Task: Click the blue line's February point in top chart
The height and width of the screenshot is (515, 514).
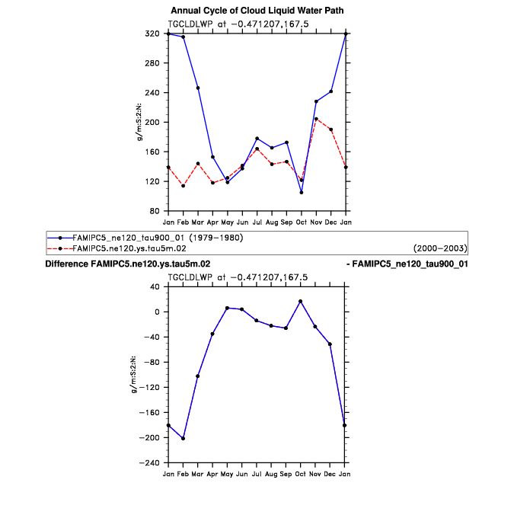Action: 183,37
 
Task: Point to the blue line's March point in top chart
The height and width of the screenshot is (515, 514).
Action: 198,88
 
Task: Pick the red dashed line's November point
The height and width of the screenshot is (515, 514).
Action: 316,119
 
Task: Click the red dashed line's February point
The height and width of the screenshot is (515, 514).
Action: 183,186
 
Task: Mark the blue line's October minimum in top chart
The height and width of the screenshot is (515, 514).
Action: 302,193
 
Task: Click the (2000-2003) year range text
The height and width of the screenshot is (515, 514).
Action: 439,248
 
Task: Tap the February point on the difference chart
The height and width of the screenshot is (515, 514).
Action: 183,438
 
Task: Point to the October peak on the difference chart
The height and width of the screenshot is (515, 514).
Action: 302,301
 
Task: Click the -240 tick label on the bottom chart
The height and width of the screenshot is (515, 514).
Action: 152,463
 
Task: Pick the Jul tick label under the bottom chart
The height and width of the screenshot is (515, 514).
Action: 257,474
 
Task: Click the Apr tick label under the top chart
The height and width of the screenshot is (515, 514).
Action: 212,222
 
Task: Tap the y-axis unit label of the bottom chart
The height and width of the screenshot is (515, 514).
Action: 135,375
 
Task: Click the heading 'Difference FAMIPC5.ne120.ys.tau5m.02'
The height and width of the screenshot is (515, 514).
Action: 128,264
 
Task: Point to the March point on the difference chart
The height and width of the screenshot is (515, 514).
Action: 198,376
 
